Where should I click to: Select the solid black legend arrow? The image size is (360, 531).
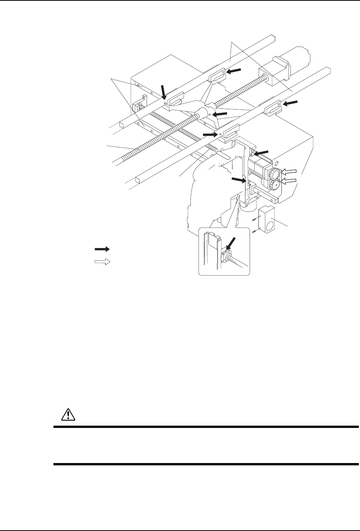[x=102, y=249]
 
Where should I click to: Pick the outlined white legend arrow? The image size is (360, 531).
[x=102, y=262]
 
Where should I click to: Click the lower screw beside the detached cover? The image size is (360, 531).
[x=253, y=231]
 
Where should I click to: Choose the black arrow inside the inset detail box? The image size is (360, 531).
[x=232, y=243]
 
